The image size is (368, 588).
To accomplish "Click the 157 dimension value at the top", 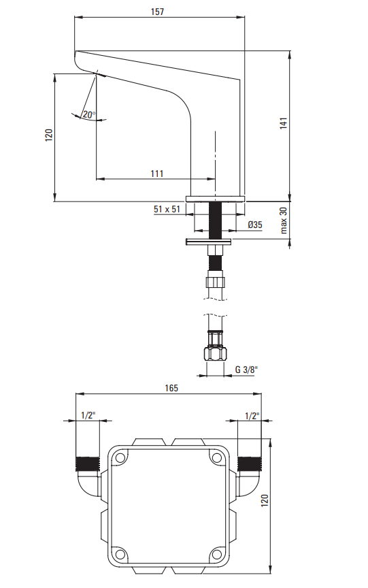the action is coord(157,12).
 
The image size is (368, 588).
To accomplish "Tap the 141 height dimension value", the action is coord(283,123).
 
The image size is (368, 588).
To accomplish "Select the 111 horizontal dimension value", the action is coord(157,174).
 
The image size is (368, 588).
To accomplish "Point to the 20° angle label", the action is coord(89,114).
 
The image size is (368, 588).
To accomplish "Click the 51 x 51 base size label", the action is coord(167,209).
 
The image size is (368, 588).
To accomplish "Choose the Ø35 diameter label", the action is coord(255,225).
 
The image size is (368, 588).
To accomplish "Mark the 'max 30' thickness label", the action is coord(283,220).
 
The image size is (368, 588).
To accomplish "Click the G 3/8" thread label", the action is coord(247,370).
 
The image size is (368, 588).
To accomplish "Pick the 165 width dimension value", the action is coord(171,388).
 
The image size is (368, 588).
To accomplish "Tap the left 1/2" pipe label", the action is coord(88,415).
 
